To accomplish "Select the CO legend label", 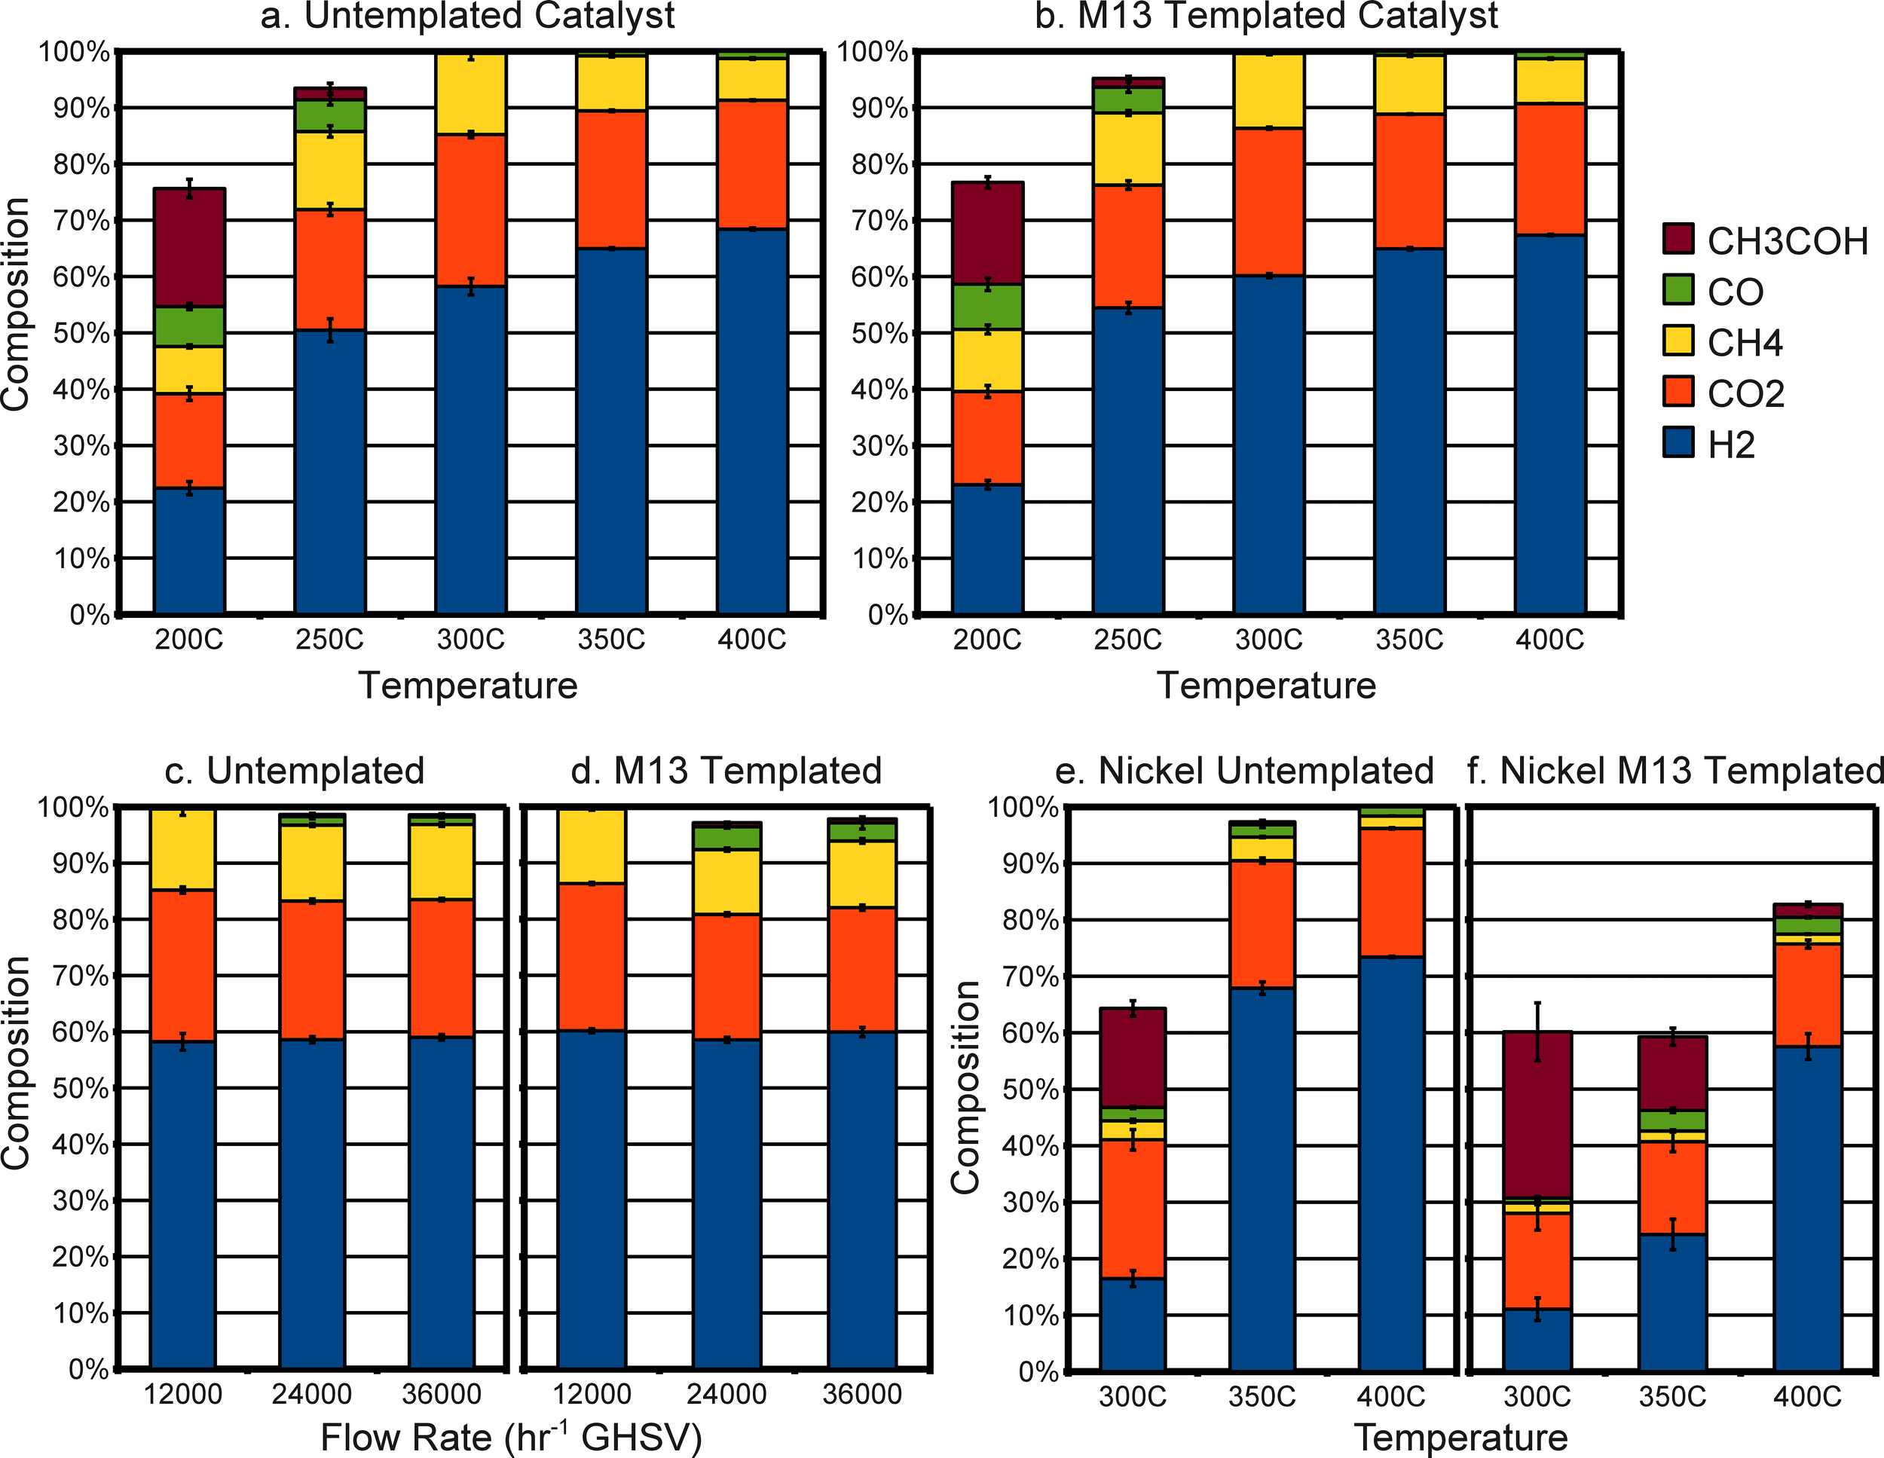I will click(1736, 292).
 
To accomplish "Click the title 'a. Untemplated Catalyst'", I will click(467, 16).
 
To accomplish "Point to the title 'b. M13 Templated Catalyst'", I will click(1266, 16).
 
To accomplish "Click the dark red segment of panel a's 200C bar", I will click(190, 248).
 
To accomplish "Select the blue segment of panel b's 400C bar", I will click(1550, 423).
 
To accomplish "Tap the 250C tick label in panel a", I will click(329, 640).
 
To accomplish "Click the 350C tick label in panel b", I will click(1409, 640).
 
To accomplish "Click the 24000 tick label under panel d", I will click(726, 1394).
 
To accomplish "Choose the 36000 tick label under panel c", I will click(442, 1394).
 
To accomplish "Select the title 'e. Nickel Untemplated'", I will click(1244, 770).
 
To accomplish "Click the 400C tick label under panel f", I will click(1807, 1396).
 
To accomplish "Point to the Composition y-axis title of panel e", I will click(966, 1087).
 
